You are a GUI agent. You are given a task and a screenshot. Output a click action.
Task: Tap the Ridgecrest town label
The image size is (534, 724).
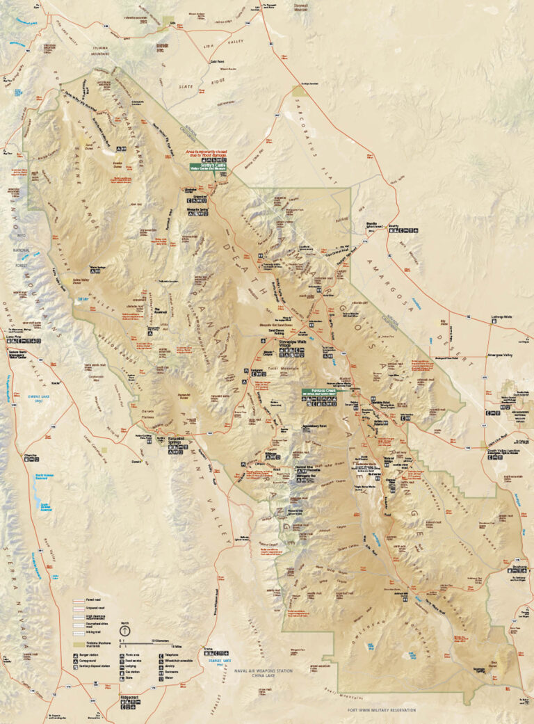coord(130,696)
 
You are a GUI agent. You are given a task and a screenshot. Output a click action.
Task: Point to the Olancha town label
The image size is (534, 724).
coord(30,456)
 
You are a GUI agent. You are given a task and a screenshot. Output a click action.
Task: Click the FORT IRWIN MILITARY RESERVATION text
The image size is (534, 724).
coord(381,710)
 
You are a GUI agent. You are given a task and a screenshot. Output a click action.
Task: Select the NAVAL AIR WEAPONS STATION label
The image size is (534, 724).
coord(264,670)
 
